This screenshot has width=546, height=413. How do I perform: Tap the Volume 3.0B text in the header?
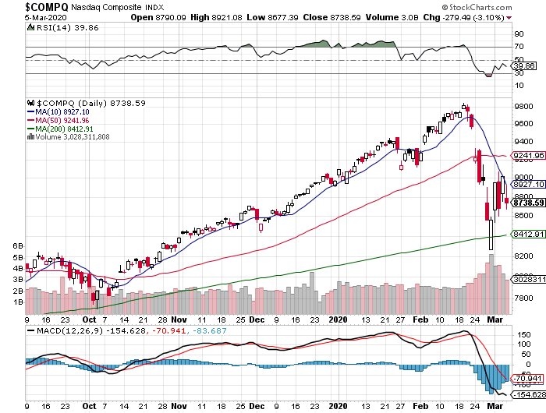tap(395, 16)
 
